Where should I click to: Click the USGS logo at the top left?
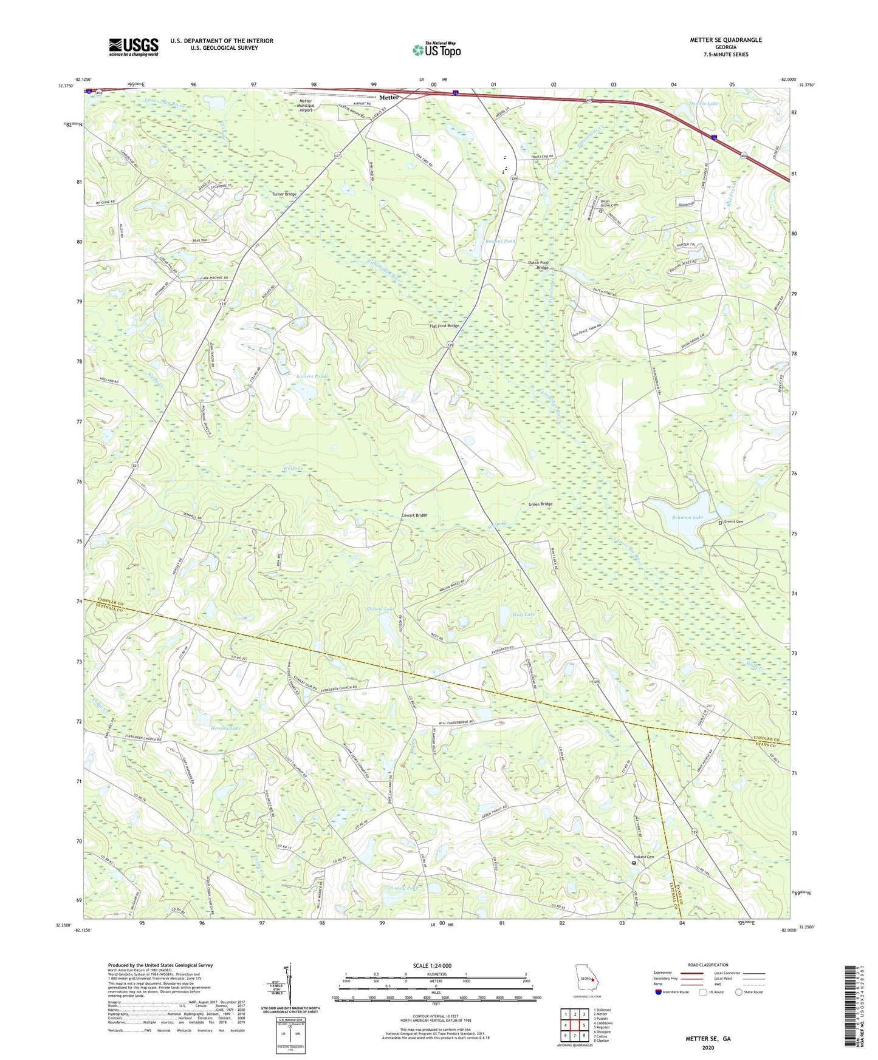tap(134, 46)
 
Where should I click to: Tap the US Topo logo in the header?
tap(436, 50)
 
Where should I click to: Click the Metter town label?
tap(389, 97)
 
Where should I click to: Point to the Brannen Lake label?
tap(687, 517)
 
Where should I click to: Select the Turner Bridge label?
tap(284, 194)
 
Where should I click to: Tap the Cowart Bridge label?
tap(414, 515)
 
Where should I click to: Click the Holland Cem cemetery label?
tap(646, 857)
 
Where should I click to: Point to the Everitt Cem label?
tap(734, 522)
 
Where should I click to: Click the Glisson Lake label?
tap(380, 609)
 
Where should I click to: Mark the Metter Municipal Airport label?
tap(306, 106)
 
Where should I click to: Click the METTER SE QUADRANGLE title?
tap(725, 40)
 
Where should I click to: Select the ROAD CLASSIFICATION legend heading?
tap(708, 965)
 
